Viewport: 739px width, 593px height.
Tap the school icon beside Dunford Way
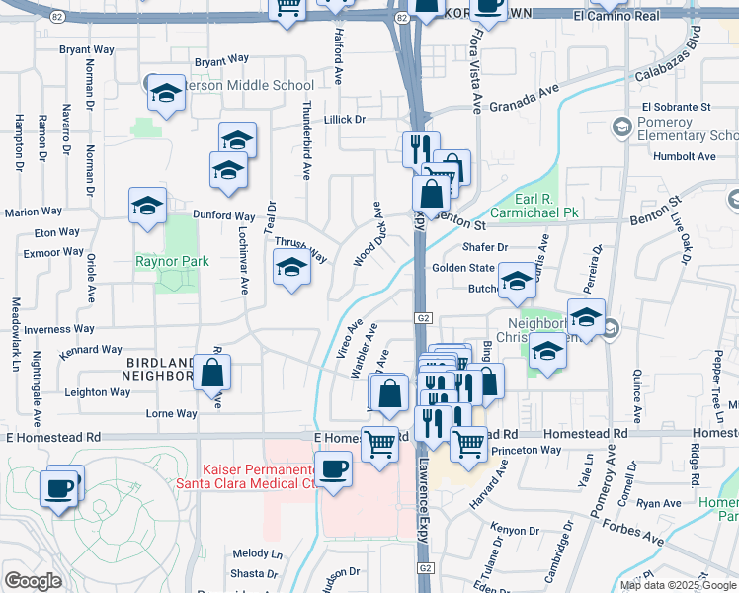click(148, 208)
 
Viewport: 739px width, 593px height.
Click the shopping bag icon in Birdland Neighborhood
click(212, 374)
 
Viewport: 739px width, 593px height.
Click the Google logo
click(33, 581)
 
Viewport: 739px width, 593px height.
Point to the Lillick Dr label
click(344, 119)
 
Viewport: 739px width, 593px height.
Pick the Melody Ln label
click(257, 553)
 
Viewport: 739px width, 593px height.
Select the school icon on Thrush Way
click(290, 267)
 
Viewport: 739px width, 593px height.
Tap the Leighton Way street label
click(98, 392)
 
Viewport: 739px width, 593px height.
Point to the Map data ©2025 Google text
click(678, 584)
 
